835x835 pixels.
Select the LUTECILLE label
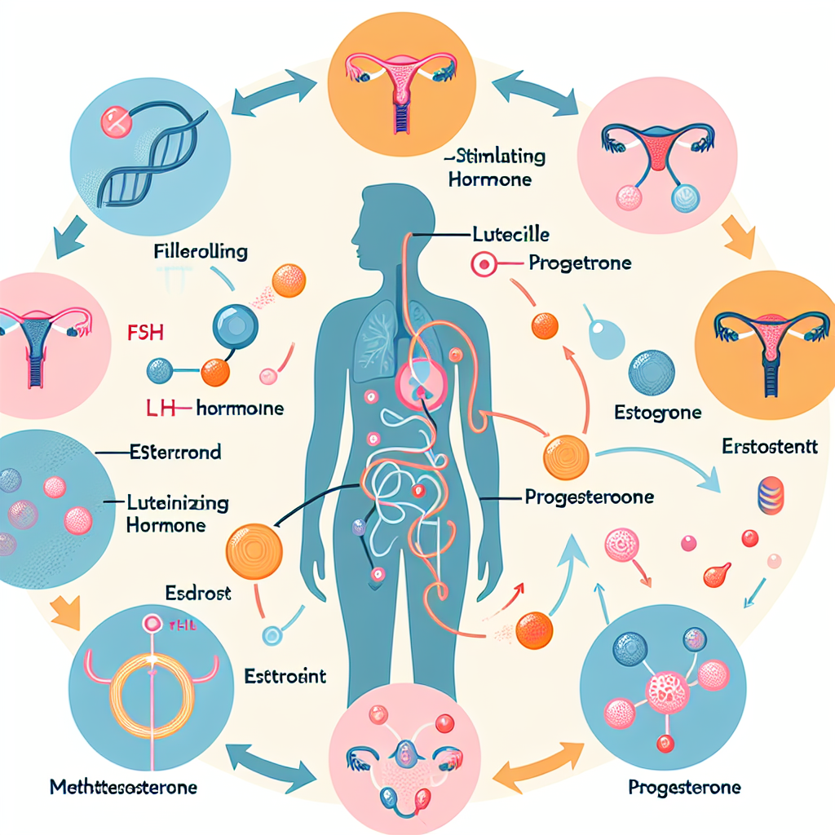click(510, 235)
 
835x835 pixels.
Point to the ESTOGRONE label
click(657, 413)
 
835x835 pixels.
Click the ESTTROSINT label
click(285, 676)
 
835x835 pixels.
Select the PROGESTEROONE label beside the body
click(578, 496)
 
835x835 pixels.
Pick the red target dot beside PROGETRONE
click(482, 265)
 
